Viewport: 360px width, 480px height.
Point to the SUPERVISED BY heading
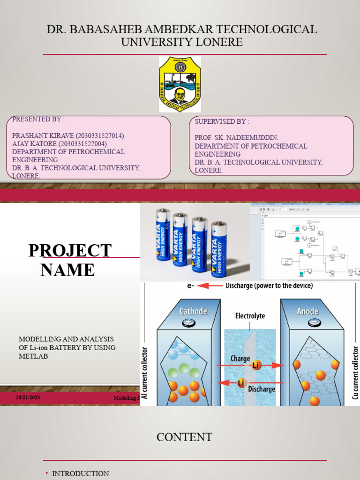222,121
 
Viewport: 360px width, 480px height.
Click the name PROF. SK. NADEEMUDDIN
236,138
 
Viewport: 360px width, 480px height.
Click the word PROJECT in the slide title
70,251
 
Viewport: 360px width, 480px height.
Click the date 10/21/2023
29,397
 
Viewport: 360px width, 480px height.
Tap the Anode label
308,311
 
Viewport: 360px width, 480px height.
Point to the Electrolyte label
250,316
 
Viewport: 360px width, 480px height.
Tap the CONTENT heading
184,437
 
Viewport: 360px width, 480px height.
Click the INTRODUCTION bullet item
80,473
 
